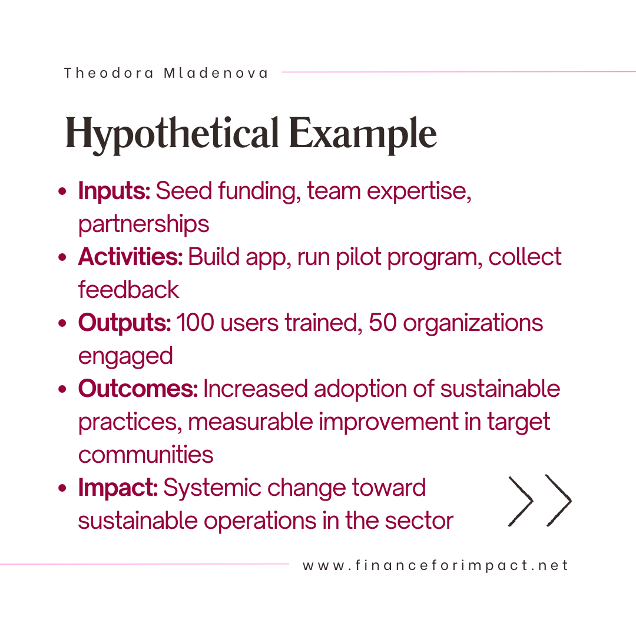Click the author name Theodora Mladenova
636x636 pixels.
click(x=166, y=73)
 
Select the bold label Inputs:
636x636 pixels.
click(x=114, y=190)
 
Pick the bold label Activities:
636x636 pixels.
click(x=130, y=256)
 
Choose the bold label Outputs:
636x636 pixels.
click(x=124, y=323)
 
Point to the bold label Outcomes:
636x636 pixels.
click(x=138, y=388)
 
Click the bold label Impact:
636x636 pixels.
click(x=118, y=487)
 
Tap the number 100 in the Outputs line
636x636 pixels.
click(x=195, y=323)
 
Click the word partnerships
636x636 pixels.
click(x=144, y=224)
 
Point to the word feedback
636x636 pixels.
click(x=128, y=290)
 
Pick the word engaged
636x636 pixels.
click(x=125, y=356)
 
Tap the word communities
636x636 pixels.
click(x=145, y=454)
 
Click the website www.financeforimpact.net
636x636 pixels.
click(x=435, y=565)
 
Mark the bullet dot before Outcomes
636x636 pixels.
click(x=62, y=389)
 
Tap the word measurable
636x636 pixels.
click(x=250, y=422)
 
